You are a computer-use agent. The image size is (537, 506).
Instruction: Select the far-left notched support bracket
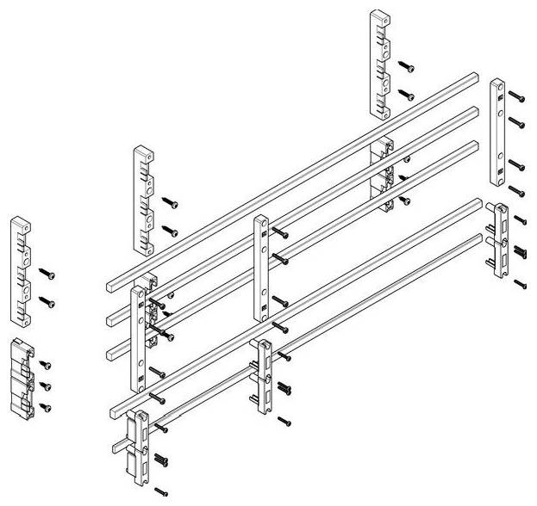[21, 273]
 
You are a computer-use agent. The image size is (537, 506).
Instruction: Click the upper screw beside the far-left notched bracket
[49, 275]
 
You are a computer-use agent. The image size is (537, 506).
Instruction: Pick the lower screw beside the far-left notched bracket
[49, 303]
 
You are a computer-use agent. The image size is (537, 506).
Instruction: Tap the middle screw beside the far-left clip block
[47, 386]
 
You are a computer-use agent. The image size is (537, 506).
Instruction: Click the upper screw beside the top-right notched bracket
[406, 66]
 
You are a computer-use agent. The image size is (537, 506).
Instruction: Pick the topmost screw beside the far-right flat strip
[515, 94]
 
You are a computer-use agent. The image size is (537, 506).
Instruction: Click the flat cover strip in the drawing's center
[260, 268]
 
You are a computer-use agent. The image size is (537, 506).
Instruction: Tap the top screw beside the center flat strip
[281, 233]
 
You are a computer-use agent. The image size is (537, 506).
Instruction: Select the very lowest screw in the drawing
[160, 493]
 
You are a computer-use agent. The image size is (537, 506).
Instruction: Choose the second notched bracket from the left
[144, 200]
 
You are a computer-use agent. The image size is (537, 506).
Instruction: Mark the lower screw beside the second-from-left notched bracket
[170, 231]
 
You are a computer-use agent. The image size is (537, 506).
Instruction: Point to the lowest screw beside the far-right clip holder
[521, 282]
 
